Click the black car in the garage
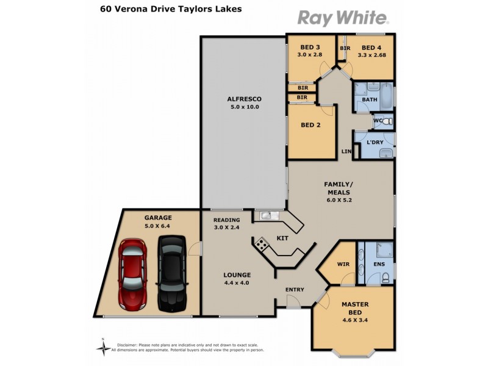(170, 274)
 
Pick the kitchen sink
(267, 215)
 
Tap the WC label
(377, 121)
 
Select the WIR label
(343, 264)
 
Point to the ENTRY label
(295, 289)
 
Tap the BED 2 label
(310, 126)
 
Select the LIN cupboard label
(347, 151)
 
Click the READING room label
(226, 220)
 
